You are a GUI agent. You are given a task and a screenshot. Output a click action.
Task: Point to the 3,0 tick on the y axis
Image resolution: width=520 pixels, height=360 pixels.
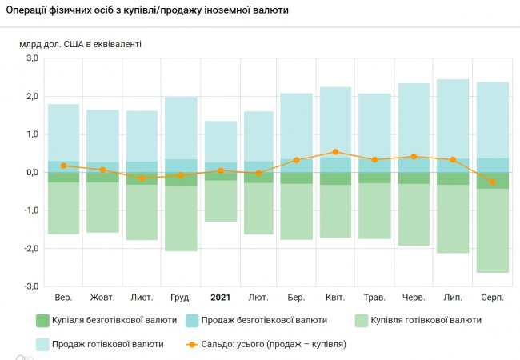coord(33,58)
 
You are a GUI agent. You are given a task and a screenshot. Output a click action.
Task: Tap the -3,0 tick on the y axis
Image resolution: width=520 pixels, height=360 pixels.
coord(31,286)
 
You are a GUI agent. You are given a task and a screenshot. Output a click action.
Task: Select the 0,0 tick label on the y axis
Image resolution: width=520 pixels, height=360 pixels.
coord(33,173)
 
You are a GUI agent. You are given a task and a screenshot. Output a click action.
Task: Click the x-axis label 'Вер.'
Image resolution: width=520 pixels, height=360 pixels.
coord(63,298)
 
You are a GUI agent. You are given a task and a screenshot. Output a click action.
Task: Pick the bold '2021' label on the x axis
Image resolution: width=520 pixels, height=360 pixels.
coord(220,298)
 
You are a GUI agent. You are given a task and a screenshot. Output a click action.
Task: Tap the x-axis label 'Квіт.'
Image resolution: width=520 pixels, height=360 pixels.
coord(336,298)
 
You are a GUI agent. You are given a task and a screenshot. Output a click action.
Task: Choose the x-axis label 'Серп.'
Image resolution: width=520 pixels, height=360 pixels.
coord(493,298)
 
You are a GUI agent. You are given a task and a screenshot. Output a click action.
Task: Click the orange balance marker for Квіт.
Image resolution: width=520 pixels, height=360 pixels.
coord(336,152)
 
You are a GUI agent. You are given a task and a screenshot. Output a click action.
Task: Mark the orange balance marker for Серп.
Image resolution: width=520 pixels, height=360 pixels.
coord(493,182)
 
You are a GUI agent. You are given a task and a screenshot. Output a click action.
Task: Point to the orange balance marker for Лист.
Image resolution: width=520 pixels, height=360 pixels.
coord(142,178)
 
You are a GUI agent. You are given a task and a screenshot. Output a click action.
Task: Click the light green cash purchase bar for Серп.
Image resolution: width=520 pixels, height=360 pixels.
coord(493,230)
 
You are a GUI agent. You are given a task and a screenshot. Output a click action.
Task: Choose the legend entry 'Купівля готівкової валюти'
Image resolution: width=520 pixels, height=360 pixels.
coord(418,320)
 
